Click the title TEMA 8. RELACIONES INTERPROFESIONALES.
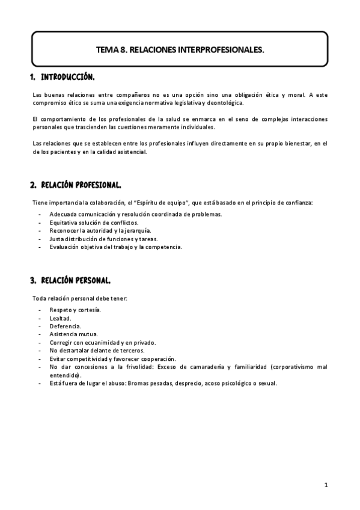(x=180, y=51)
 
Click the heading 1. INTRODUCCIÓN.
(x=63, y=78)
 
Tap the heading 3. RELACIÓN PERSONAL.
(x=70, y=280)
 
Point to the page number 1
(x=325, y=485)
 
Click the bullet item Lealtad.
(x=60, y=318)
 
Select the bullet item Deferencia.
(x=65, y=326)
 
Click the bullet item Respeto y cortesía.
(x=75, y=310)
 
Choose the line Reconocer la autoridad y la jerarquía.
(x=100, y=230)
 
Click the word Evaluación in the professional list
(x=66, y=247)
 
